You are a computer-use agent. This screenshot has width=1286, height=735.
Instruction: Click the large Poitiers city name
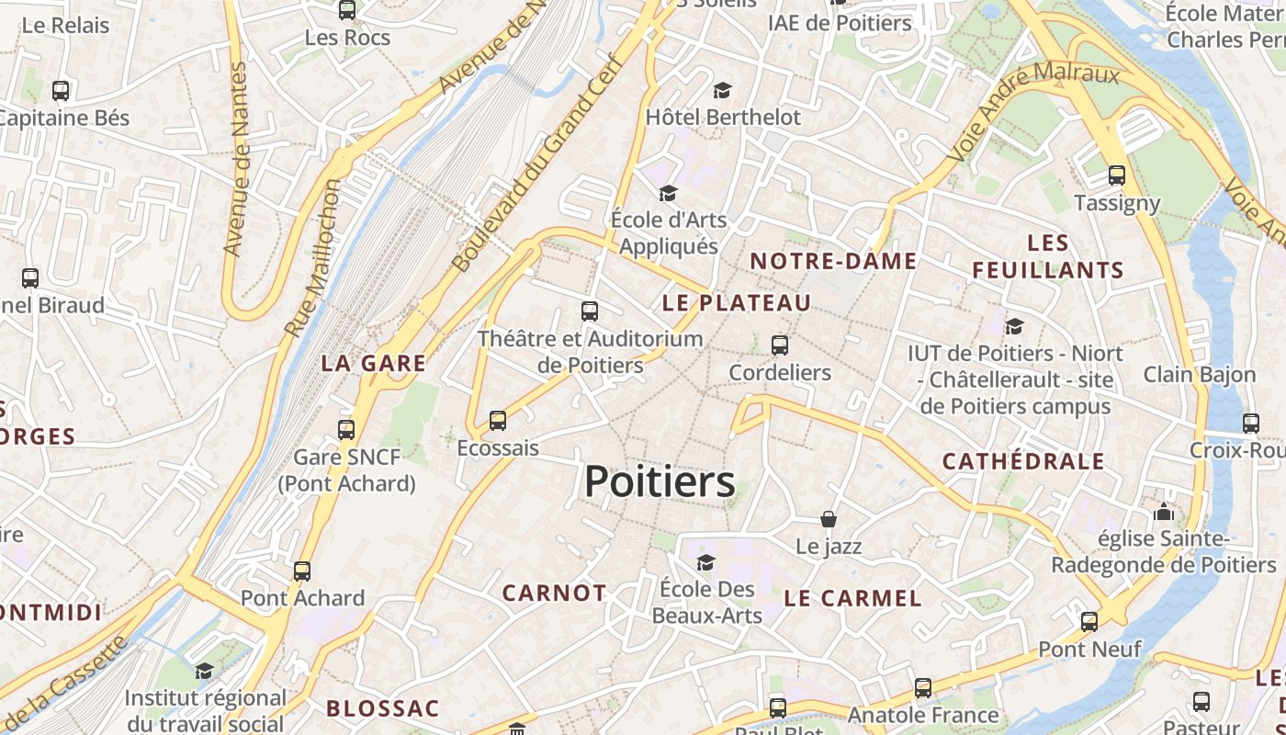click(x=660, y=481)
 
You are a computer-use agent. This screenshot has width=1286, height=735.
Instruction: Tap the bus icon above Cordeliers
click(x=780, y=345)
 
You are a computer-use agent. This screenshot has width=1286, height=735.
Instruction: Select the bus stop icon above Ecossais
click(x=498, y=421)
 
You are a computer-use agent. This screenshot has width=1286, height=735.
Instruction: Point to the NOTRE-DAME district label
click(x=833, y=261)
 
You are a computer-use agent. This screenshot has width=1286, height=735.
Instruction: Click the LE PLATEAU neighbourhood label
click(x=737, y=302)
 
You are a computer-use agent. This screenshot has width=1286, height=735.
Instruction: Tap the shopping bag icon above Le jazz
click(x=829, y=519)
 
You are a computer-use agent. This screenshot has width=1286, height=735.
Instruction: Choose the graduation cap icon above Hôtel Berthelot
click(x=723, y=90)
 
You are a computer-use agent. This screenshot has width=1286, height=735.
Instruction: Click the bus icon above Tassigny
click(x=1117, y=175)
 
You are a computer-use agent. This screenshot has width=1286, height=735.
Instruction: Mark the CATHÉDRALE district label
click(x=1023, y=461)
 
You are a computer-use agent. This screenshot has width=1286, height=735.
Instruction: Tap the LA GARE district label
click(x=374, y=363)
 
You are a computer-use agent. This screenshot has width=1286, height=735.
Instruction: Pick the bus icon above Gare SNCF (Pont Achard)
click(x=346, y=429)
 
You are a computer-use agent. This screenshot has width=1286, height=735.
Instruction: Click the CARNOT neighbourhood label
click(x=554, y=594)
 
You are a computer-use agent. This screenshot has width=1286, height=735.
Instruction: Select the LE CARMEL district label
click(x=852, y=598)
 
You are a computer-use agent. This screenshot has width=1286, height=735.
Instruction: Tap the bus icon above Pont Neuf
click(x=1089, y=622)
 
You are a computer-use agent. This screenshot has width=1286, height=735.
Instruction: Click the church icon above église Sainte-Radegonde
click(x=1164, y=512)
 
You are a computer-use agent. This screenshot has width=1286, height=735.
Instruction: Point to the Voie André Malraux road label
click(x=1032, y=111)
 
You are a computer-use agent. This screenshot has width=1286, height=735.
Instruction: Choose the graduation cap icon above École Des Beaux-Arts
click(x=705, y=562)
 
